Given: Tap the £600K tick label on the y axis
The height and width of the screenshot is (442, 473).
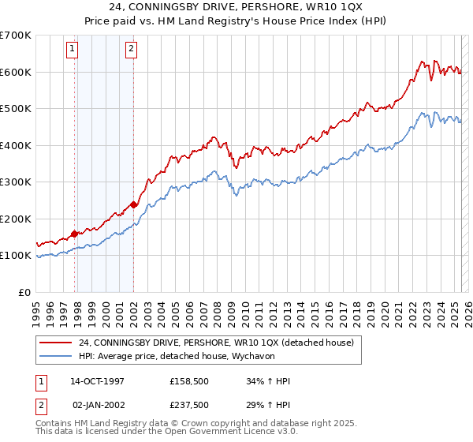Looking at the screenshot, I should click(16, 72).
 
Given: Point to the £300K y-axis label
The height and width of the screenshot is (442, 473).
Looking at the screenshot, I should click(16, 182).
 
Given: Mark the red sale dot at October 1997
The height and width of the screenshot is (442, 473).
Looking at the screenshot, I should click(75, 234).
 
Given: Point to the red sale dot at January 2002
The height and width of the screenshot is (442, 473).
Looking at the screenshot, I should click(134, 204).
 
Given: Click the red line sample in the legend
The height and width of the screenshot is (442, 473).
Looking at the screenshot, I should click(56, 343).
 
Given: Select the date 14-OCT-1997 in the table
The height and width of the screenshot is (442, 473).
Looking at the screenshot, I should click(97, 381).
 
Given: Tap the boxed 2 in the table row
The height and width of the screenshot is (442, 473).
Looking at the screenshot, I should click(41, 404).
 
